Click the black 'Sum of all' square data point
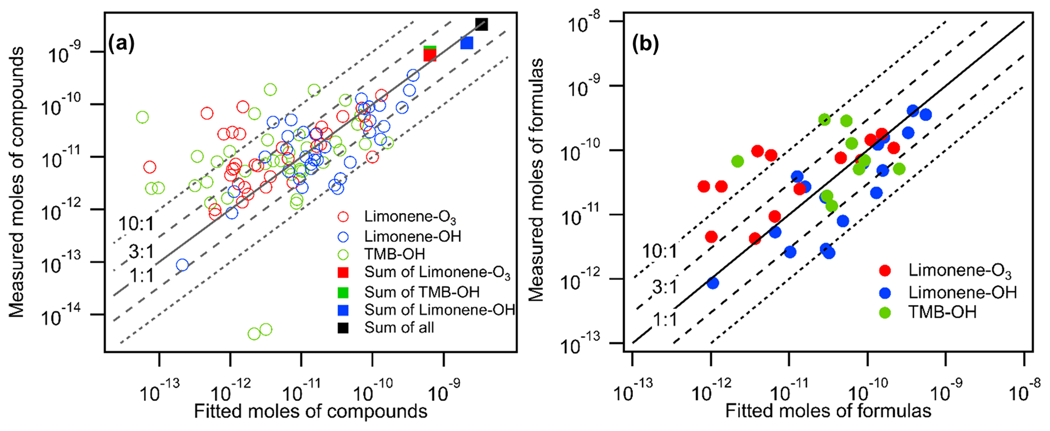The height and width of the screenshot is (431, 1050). point(481,24)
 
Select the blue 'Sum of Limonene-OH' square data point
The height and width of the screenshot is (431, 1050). point(466,43)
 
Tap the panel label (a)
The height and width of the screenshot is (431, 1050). point(121,45)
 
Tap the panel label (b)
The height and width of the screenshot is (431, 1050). point(645,45)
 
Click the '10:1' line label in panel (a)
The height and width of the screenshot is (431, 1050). point(136,224)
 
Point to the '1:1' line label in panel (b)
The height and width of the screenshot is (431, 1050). point(664,320)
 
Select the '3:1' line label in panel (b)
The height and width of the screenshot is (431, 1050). point(664,287)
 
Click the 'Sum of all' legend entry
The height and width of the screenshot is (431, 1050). point(399,328)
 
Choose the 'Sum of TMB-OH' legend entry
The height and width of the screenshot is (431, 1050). point(422,292)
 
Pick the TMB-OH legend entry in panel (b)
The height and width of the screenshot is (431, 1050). point(942,312)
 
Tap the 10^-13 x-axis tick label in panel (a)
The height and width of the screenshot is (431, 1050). point(158,388)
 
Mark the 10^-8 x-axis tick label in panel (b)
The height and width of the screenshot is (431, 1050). point(1022,388)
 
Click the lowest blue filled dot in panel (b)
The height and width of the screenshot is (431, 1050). point(712,283)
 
